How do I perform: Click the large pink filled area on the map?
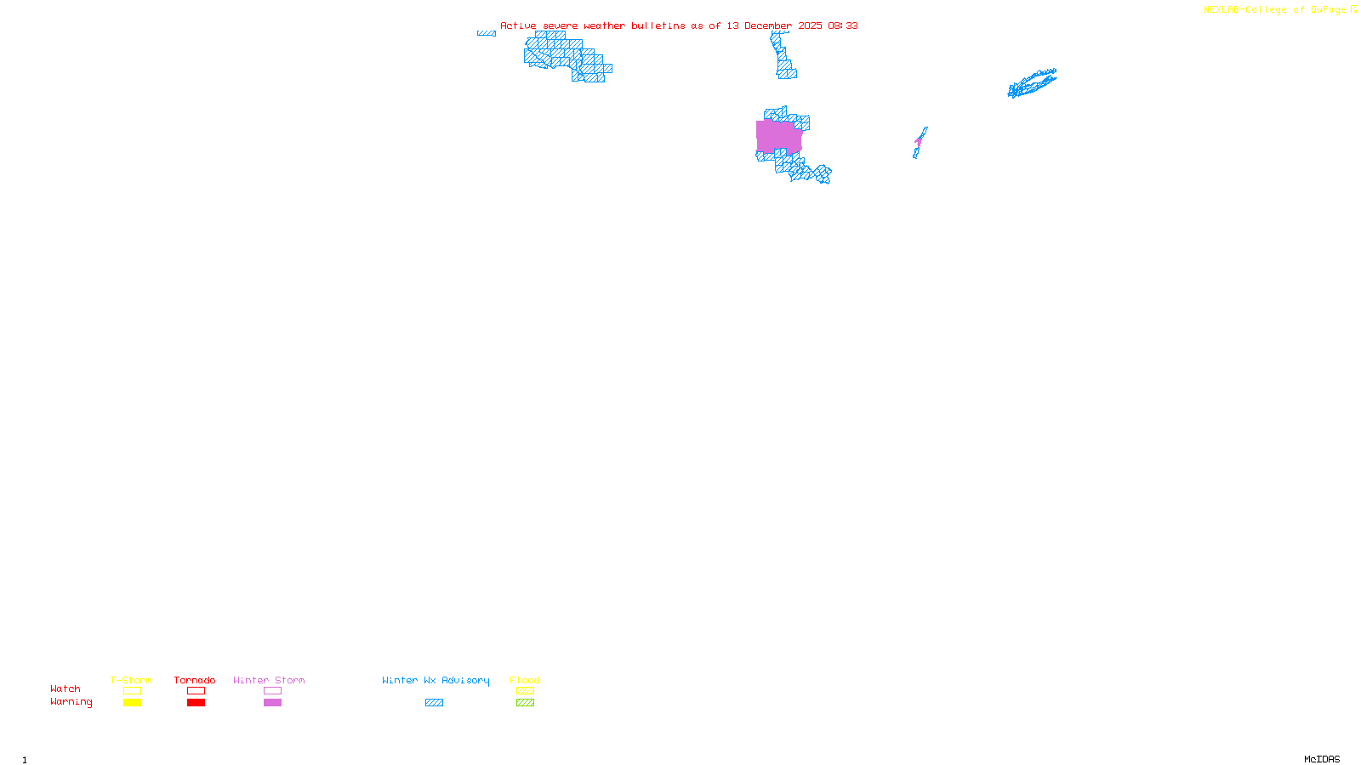pos(778,136)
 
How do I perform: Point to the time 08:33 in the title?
pos(842,25)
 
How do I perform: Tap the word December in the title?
pos(768,25)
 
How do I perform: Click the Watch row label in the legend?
pos(65,689)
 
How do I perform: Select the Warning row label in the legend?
pos(71,702)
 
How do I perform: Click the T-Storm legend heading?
pos(131,680)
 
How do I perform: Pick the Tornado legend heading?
pos(195,680)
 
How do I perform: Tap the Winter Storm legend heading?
pos(269,680)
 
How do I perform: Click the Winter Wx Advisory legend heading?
pos(436,680)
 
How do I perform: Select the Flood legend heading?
pos(525,680)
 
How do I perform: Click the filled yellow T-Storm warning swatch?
pos(132,703)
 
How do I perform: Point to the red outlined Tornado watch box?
pos(196,691)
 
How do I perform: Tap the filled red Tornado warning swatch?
pos(196,703)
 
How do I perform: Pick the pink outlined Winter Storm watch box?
pos(272,691)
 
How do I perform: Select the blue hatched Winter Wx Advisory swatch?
pos(434,703)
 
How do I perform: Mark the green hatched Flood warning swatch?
pos(525,703)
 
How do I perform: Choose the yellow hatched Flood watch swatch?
pos(525,691)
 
